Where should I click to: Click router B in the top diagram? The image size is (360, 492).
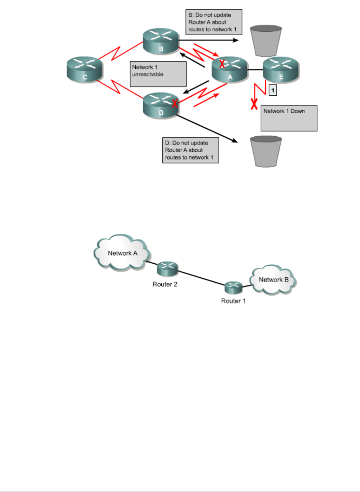(161, 41)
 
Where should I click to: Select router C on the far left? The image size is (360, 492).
(85, 69)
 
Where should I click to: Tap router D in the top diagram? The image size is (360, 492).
(161, 105)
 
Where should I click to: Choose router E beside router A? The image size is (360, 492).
(281, 69)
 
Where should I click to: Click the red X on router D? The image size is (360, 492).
(175, 104)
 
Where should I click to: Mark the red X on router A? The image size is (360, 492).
(222, 64)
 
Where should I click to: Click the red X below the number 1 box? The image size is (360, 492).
(254, 105)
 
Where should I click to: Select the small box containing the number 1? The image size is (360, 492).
(273, 90)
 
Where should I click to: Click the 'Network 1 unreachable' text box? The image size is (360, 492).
(158, 74)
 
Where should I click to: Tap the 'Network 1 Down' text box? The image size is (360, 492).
(289, 118)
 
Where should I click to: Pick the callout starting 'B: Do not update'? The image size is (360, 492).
(213, 22)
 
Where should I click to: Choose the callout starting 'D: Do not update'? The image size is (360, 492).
(190, 150)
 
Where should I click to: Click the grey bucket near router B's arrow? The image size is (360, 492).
(266, 40)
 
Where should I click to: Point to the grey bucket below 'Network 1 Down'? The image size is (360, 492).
(266, 151)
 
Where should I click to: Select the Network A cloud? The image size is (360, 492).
(122, 253)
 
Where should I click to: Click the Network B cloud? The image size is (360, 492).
(274, 280)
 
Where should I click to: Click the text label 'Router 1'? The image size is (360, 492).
(233, 301)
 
